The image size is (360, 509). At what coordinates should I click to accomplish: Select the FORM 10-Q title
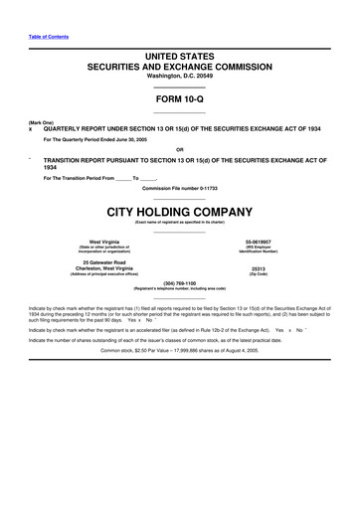tap(180, 101)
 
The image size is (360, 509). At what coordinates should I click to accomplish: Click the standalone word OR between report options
tap(180, 149)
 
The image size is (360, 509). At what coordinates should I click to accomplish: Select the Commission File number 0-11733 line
tap(180, 187)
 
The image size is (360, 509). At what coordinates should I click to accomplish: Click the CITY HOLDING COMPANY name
tap(180, 210)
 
